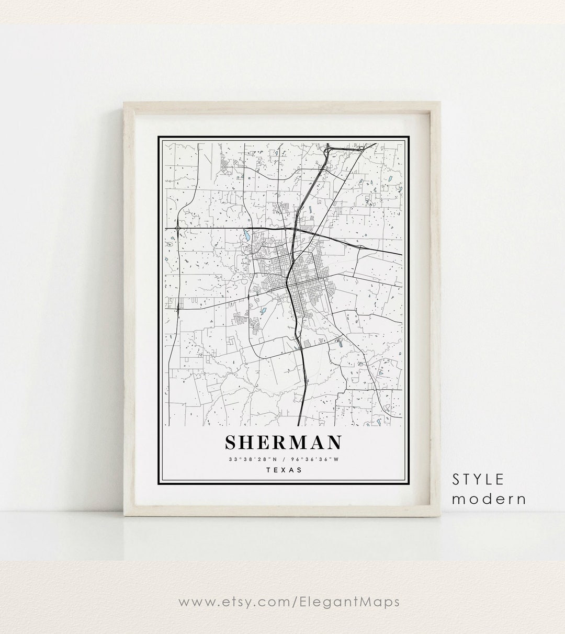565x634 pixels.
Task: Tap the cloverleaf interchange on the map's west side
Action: pos(179,228)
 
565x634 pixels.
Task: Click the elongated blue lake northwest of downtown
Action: pos(244,236)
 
